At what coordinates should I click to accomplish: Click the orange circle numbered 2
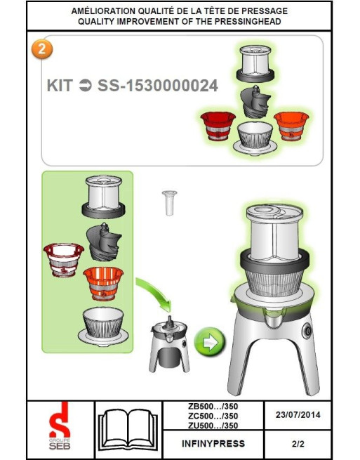pyautogui.click(x=42, y=48)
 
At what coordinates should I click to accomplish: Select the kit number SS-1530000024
pyautogui.click(x=158, y=86)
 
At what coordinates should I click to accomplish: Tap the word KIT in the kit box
pyautogui.click(x=60, y=86)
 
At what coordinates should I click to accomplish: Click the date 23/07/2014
pyautogui.click(x=298, y=415)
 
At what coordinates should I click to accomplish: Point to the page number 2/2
pyautogui.click(x=298, y=444)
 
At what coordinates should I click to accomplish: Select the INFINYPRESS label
pyautogui.click(x=213, y=444)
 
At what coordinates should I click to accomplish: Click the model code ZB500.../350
pyautogui.click(x=213, y=407)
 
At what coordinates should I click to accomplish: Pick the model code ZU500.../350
pyautogui.click(x=213, y=426)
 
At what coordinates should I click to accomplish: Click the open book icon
pyautogui.click(x=128, y=430)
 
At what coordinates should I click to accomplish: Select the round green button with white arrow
pyautogui.click(x=210, y=342)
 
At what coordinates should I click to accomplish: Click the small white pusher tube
pyautogui.click(x=169, y=203)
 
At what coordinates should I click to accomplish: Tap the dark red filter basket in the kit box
pyautogui.click(x=218, y=126)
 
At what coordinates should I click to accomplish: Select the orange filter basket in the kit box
pyautogui.click(x=291, y=126)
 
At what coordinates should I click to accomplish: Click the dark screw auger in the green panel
pyautogui.click(x=104, y=242)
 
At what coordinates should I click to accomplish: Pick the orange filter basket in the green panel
pyautogui.click(x=103, y=284)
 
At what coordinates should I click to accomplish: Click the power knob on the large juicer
pyautogui.click(x=307, y=331)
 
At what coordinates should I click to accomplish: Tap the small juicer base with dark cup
pyautogui.click(x=169, y=344)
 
